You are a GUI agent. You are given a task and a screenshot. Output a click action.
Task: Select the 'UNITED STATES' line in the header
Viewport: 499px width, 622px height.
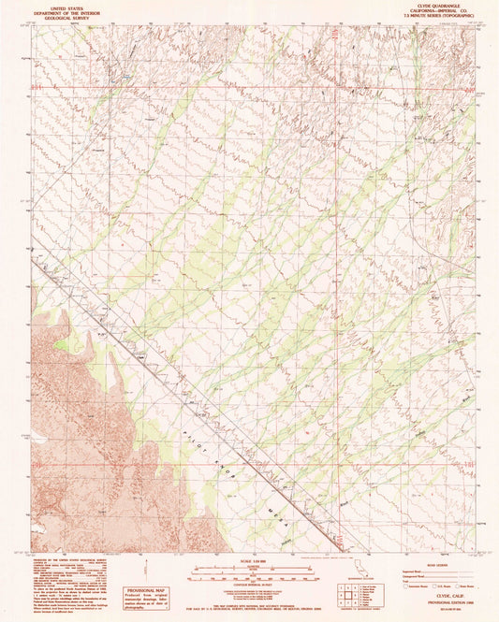(66, 5)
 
